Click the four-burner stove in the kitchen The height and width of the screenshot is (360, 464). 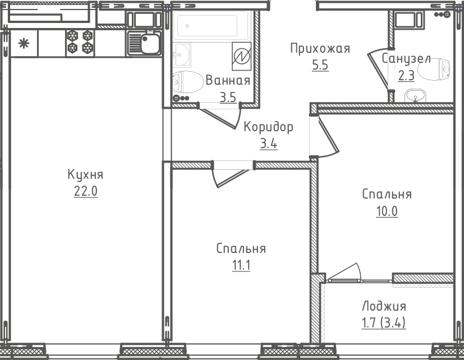[79, 43]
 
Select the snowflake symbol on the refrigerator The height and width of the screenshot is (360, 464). [24, 43]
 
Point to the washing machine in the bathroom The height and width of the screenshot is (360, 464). [241, 57]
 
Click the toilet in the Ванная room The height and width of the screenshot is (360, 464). [189, 83]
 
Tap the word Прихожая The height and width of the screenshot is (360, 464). [320, 48]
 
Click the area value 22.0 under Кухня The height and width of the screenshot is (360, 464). [85, 191]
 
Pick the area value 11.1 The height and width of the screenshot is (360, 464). [241, 265]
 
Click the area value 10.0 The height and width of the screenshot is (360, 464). [387, 211]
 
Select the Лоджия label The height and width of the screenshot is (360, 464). [384, 306]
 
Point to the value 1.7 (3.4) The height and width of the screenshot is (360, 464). [384, 323]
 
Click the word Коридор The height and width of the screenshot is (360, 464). [268, 127]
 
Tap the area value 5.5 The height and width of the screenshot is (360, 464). [320, 65]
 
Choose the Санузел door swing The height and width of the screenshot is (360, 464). [379, 70]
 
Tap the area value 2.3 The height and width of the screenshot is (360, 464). [406, 76]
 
